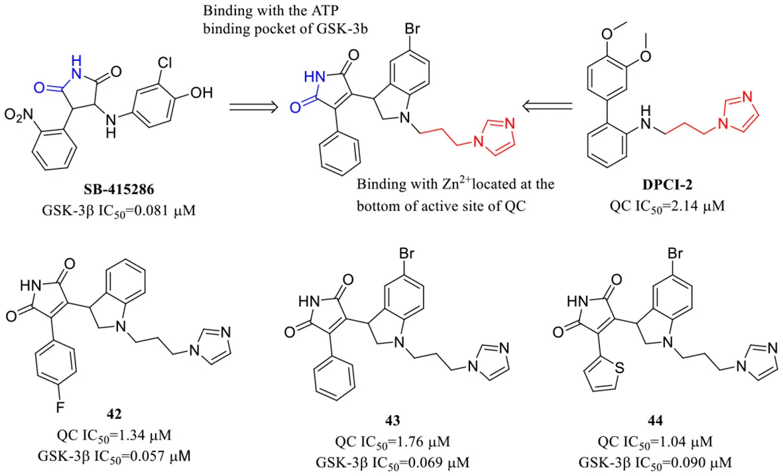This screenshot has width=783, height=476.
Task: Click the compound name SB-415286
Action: pos(119,190)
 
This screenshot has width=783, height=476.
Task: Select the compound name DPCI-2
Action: pos(667,184)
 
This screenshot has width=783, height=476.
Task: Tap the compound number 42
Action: pos(114,414)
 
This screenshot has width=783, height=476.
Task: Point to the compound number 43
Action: pos(392,420)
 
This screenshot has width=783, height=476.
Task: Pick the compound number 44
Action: pos(655,420)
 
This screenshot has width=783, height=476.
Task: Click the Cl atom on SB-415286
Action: pos(165,63)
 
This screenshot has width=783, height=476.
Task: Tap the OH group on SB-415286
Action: pos(202,93)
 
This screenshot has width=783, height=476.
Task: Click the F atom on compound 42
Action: pos(60,408)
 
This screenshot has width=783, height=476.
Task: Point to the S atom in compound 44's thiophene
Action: pos(620,368)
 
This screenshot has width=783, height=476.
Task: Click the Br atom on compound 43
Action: pos(406,254)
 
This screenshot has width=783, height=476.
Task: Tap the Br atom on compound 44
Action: pos(675,254)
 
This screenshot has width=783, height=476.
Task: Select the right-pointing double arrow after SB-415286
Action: pos(253,106)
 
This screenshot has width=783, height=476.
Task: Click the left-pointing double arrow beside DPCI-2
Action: pos(547,106)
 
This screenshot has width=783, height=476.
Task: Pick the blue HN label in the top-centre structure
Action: pos(315,77)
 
